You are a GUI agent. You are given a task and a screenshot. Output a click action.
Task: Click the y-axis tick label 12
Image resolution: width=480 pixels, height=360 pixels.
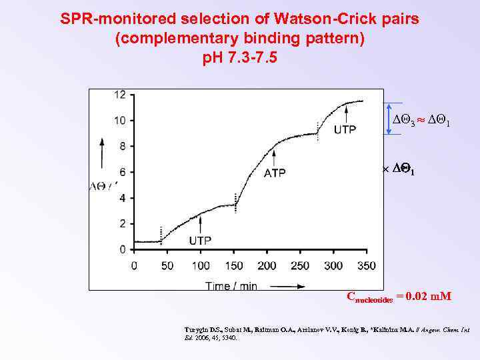click(x=119, y=95)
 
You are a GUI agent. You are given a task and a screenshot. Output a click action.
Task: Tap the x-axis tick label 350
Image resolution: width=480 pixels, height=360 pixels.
click(x=366, y=266)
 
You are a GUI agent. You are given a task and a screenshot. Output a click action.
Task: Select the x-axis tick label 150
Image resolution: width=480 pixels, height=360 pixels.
click(x=233, y=266)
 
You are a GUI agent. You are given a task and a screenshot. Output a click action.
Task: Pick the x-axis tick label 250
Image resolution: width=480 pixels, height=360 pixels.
click(x=299, y=266)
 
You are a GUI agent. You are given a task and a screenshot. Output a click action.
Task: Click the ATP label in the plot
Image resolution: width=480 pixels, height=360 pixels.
click(x=275, y=173)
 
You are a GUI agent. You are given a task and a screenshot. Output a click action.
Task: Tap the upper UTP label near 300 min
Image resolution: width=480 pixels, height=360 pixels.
click(x=345, y=129)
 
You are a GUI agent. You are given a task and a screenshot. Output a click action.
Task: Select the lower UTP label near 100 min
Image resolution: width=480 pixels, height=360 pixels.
click(x=201, y=240)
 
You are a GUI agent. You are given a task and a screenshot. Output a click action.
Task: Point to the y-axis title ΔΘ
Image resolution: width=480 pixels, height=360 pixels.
click(x=100, y=187)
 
